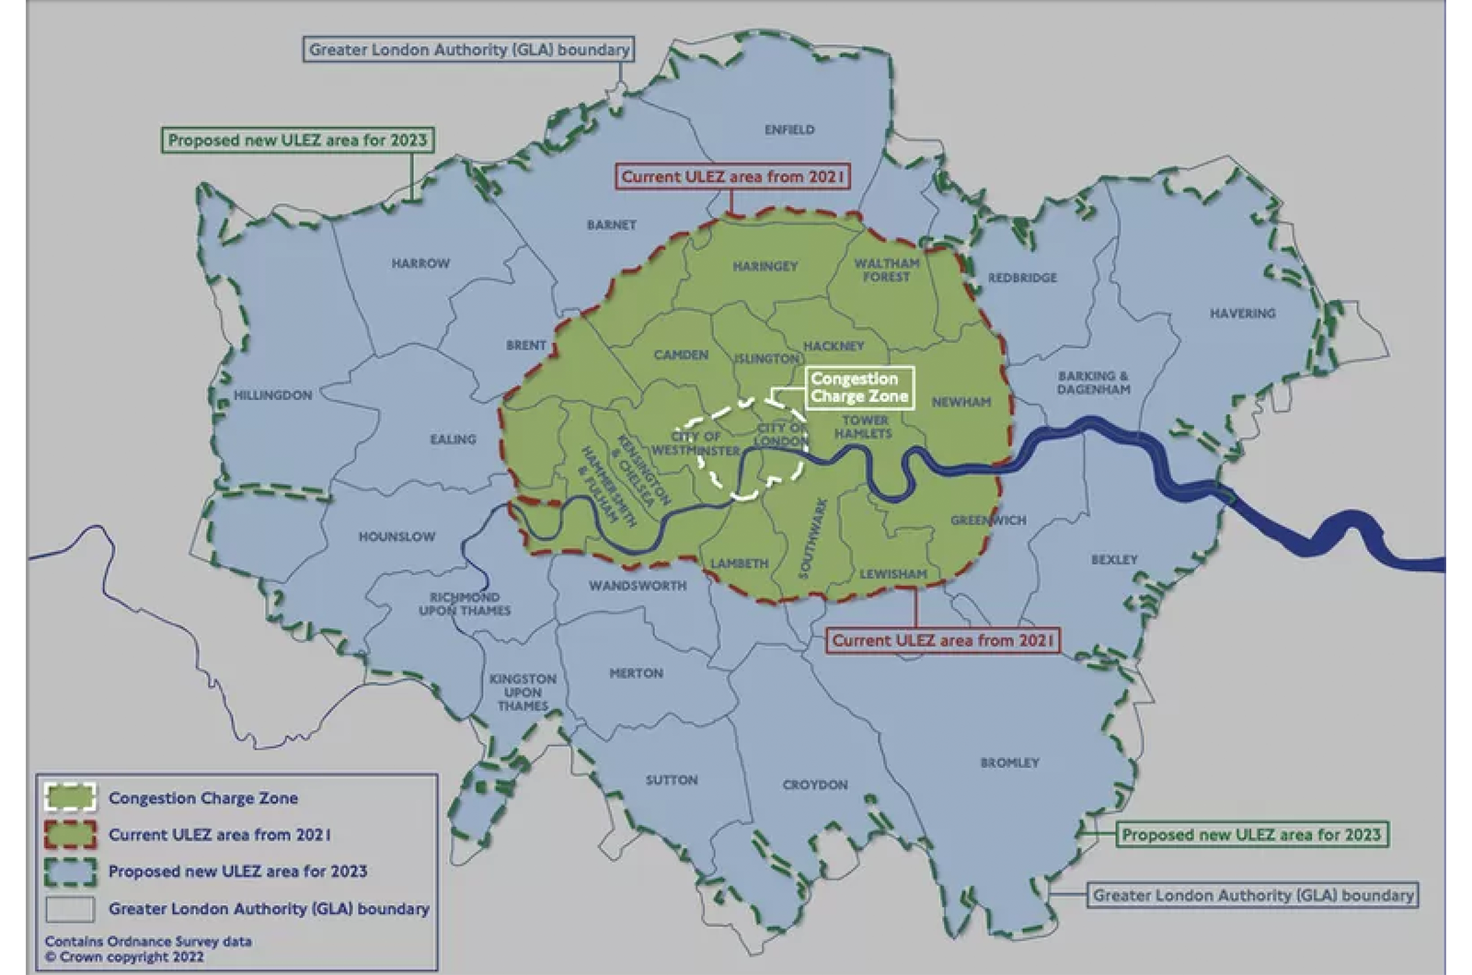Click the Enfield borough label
pos(789,130)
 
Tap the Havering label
pos(1242,314)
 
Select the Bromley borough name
pos(1009,763)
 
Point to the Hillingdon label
pos(272,396)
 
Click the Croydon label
pos(815,785)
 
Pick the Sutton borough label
pos(672,780)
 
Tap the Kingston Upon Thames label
pos(523,693)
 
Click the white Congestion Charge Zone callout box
pos(859,387)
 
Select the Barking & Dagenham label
pos(1093,383)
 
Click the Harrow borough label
pos(420,264)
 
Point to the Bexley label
pos(1114,559)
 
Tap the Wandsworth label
pos(638,586)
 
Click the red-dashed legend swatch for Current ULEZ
pos(70,834)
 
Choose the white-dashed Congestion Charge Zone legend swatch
pos(70,797)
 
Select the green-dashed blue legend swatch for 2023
pos(70,871)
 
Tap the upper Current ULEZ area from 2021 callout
pos(733,177)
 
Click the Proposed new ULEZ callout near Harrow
pos(297,140)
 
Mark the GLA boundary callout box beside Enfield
pos(469,50)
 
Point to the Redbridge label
pos(1022,278)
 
